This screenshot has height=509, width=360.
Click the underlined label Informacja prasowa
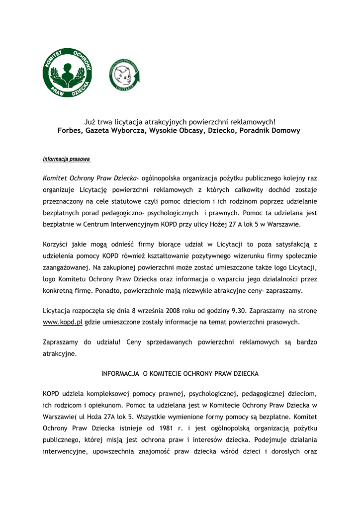66,160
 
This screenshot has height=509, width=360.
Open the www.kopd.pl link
63,322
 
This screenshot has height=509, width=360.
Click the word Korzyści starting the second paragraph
57,245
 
